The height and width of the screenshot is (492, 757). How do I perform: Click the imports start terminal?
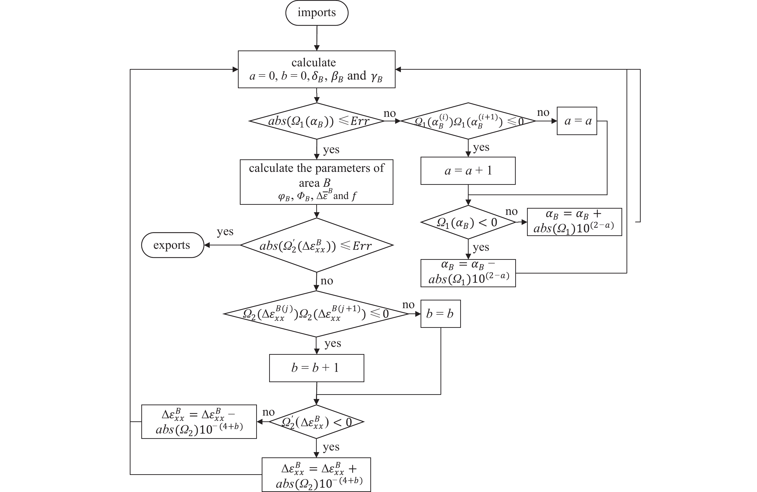coord(316,13)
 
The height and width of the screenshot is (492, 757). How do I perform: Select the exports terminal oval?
coord(172,245)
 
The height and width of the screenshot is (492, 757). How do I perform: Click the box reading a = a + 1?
coord(468,171)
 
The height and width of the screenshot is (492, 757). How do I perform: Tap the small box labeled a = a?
coord(577,121)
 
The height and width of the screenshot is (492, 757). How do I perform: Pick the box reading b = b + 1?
coord(316,368)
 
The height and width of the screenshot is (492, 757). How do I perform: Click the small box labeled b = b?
coord(441,314)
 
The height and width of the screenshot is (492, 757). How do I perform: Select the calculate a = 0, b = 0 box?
coord(316,69)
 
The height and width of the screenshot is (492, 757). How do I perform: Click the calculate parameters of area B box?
coord(316,182)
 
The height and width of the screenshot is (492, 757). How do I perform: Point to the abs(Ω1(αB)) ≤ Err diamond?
coord(316,121)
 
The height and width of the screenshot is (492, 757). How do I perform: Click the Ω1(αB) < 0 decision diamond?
coord(468,222)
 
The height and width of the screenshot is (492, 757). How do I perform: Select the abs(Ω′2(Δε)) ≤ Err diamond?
coord(316,245)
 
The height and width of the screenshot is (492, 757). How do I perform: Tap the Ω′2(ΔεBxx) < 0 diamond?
coord(316,422)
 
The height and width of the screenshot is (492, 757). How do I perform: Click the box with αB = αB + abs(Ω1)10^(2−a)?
coord(574,222)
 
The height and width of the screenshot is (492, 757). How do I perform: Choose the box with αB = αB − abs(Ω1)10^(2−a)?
coord(468,273)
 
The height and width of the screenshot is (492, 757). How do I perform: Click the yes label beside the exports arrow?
coord(225,232)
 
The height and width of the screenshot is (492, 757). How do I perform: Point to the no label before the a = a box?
coord(543,112)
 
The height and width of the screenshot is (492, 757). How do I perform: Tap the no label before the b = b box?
coord(408,305)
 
